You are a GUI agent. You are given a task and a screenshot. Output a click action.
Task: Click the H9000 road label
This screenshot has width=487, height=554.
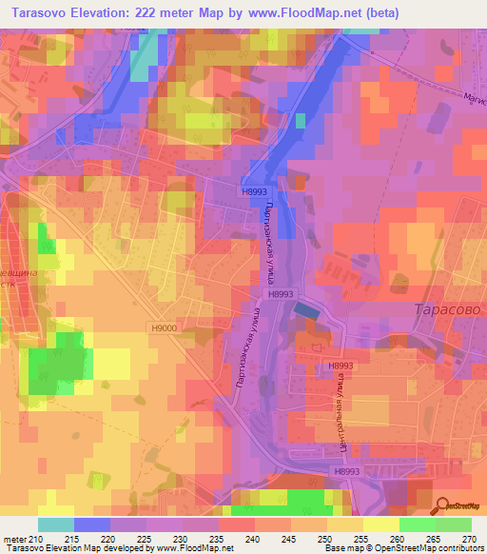pos(163,327)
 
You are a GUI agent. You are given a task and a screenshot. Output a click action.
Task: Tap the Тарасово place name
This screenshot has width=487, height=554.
pos(449,310)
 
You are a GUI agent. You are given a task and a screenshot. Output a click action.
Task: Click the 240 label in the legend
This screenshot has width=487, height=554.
pos(253,540)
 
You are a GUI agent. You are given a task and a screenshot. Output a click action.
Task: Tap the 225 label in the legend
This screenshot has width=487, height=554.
pos(145,540)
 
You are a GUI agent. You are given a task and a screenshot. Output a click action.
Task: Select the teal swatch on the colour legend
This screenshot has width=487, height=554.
pos(56,524)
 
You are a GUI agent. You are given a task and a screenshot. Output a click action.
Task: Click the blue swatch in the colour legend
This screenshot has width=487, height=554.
pos(92,524)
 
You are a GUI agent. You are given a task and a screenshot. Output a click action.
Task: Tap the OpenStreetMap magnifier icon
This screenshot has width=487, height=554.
pos(442,505)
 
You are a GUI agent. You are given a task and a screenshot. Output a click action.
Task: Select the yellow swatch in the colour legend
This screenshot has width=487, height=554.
pos(345,524)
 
